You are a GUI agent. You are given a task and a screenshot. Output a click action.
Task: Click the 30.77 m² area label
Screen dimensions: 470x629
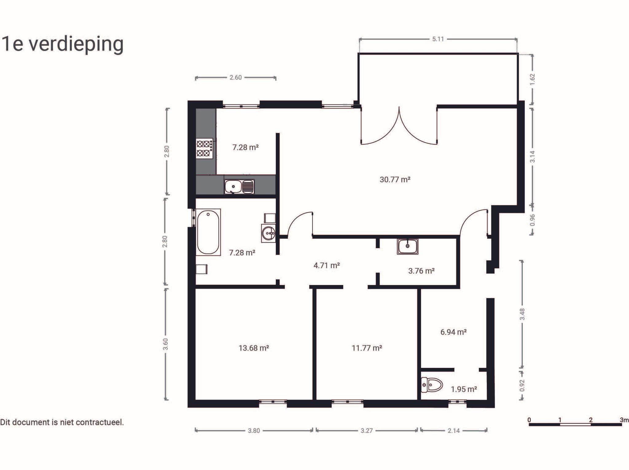(x=395, y=180)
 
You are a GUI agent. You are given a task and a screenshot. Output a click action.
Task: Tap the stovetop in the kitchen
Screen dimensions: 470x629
(x=205, y=148)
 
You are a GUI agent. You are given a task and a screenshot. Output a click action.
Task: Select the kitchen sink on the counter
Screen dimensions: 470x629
(x=239, y=187)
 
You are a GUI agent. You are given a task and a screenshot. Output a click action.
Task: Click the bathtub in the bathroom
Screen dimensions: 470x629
(x=208, y=232)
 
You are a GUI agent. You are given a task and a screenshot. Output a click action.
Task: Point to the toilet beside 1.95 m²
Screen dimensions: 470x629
(x=432, y=385)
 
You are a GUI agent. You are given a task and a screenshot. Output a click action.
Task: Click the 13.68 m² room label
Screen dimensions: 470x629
(x=254, y=348)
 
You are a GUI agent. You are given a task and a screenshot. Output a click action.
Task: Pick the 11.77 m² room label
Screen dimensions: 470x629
(x=367, y=348)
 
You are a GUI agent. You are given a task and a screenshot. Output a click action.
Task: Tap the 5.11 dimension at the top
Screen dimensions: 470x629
(x=438, y=39)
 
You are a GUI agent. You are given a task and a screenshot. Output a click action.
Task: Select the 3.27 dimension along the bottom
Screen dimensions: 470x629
(x=366, y=431)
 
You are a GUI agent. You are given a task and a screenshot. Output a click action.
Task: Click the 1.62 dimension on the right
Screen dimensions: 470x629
(x=533, y=79)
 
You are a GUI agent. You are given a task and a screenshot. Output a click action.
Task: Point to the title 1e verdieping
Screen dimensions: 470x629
(x=62, y=44)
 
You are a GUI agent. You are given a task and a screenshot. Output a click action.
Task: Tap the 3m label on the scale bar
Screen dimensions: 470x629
(x=624, y=420)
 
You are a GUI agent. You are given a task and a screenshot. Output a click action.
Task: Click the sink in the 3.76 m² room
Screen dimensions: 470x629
(x=408, y=246)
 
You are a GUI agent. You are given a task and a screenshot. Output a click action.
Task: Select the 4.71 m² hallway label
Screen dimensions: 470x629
(x=326, y=265)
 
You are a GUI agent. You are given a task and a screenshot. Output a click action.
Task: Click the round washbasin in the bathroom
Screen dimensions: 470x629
(x=268, y=233)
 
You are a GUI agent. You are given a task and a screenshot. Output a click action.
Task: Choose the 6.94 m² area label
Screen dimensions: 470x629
(x=453, y=332)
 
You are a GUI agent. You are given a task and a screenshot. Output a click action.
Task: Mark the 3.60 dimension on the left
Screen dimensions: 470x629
(x=166, y=344)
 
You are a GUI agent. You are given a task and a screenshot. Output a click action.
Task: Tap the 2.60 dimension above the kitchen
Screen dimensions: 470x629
(x=236, y=77)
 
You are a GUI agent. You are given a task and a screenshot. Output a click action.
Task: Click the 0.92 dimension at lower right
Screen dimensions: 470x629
(x=522, y=385)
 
